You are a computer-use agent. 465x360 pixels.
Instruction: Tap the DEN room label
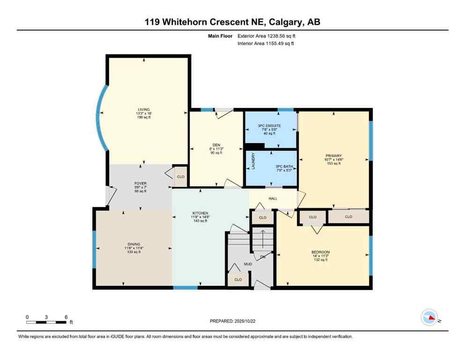pyautogui.click(x=216, y=145)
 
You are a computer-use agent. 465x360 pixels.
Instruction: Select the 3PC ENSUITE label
pyautogui.click(x=269, y=126)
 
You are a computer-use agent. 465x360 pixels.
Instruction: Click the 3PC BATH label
pyautogui.click(x=284, y=167)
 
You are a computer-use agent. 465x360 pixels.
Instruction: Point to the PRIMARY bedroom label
pyautogui.click(x=333, y=156)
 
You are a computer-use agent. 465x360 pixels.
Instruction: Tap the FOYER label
pyautogui.click(x=139, y=183)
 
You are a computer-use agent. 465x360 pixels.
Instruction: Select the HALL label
pyautogui.click(x=273, y=198)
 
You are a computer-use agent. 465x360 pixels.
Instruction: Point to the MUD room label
pyautogui.click(x=248, y=264)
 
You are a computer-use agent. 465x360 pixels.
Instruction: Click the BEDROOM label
pyautogui.click(x=321, y=252)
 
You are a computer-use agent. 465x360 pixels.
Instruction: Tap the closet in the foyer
pyautogui.click(x=180, y=177)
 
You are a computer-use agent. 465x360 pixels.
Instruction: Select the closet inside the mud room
pyautogui.click(x=238, y=279)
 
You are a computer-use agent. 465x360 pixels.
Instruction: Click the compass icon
pyautogui.click(x=429, y=318)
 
